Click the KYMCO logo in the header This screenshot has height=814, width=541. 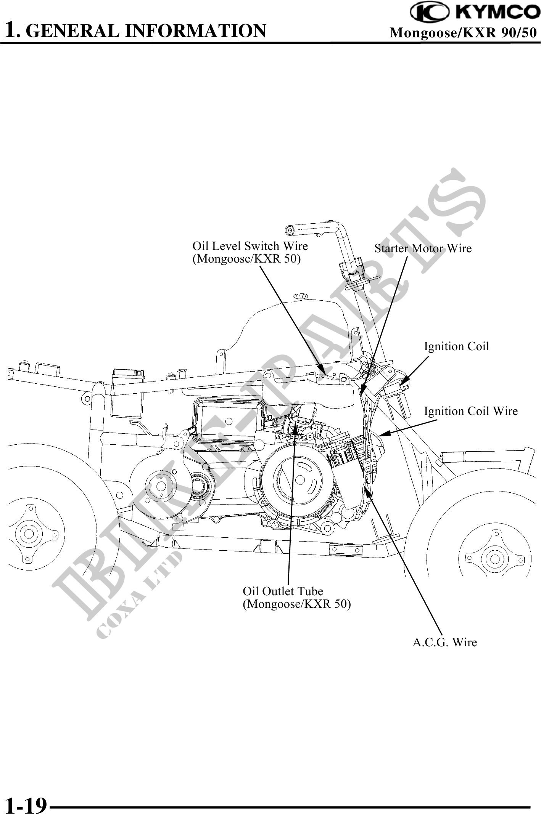[x=475, y=12]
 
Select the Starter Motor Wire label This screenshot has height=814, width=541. [x=423, y=249]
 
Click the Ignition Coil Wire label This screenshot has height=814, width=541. [x=471, y=412]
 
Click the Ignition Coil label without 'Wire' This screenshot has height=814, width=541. [x=456, y=347]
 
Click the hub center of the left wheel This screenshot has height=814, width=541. [x=30, y=534]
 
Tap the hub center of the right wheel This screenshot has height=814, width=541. [x=495, y=559]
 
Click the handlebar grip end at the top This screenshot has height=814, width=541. [x=289, y=229]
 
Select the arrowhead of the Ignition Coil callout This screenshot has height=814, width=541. [x=402, y=382]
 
